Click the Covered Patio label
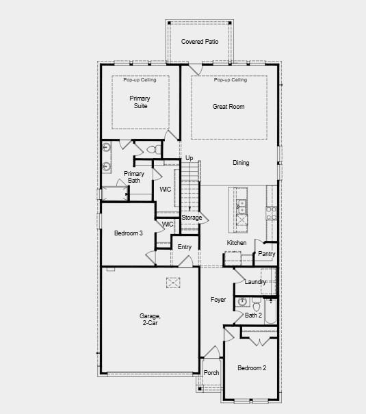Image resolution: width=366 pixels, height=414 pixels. coord(200,42)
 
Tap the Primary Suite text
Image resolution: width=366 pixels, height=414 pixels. coord(140,102)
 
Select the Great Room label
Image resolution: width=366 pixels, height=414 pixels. coord(228,107)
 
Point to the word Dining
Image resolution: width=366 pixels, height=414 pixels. coord(241,163)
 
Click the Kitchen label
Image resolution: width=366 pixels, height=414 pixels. coord(237,243)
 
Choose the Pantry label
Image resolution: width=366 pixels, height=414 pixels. coord(266,254)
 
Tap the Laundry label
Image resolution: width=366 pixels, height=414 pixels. coord(255,282)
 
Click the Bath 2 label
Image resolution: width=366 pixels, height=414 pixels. coord(253,315)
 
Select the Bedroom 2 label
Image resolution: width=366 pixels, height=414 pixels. coord(252,368)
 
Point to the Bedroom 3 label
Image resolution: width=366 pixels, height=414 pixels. coord(128,233)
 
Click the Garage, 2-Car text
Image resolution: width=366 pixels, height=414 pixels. coord(150,320)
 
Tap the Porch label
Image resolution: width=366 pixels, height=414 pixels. coord(211,373)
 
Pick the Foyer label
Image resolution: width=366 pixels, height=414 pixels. coord(218,300)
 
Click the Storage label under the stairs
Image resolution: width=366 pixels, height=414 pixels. coord(192,218)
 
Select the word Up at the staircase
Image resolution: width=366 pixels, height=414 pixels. coord(189,158)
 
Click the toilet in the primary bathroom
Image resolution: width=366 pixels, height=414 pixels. coord(153,148)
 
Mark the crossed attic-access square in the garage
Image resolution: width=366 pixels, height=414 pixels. coord(174,283)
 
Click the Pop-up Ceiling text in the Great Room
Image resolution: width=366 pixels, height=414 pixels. coord(230,80)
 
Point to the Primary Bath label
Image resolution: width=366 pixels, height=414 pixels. coord(134,177)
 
